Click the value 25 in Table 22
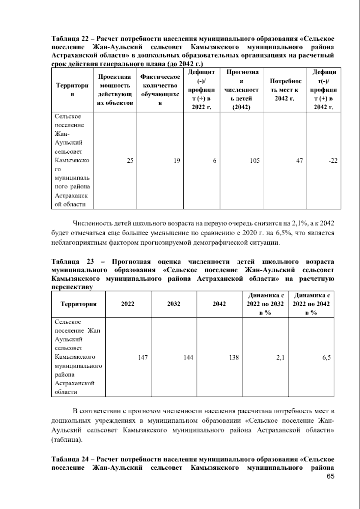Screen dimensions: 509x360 130,161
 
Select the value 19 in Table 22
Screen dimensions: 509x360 177,161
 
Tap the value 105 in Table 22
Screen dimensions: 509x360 255,161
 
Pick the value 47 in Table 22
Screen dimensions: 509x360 299,161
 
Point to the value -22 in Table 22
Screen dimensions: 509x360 333,161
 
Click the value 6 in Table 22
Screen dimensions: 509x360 214,161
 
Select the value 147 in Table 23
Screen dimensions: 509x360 142,357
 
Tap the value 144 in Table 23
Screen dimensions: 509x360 188,357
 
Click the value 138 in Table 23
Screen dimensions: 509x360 234,357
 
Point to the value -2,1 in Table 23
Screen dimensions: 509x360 279,357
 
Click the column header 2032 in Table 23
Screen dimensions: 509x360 174,304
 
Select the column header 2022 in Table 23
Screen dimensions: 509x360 128,304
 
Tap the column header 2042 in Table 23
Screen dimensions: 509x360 219,304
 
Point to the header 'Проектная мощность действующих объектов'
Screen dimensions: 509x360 115,90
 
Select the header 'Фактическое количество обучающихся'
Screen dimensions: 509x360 160,90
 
